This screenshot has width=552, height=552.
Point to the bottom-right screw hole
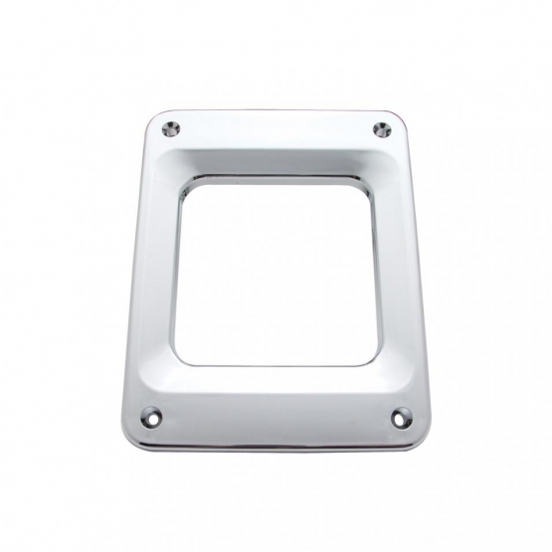pyautogui.click(x=400, y=415)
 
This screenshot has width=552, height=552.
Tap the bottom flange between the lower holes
pyautogui.click(x=276, y=423)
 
